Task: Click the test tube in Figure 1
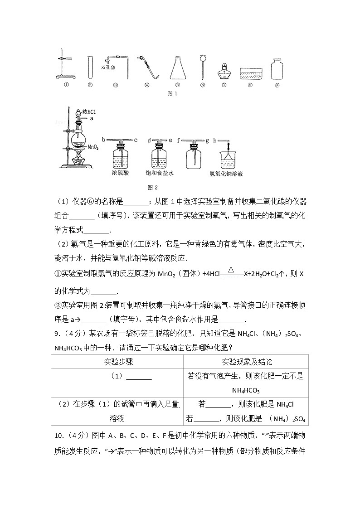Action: click(90, 66)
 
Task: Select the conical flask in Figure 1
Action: click(178, 68)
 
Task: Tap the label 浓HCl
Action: click(90, 111)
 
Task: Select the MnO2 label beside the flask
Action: click(93, 147)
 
